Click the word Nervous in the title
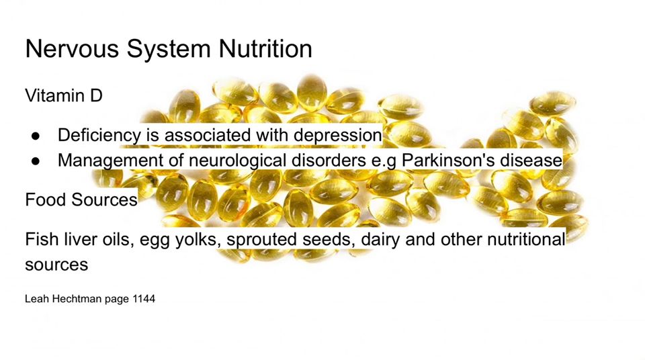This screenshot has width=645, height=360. [73, 48]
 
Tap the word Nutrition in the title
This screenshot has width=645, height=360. [265, 48]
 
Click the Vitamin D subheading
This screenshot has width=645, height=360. [64, 95]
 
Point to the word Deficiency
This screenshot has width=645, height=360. [99, 136]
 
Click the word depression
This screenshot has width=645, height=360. [338, 136]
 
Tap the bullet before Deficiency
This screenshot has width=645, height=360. [36, 136]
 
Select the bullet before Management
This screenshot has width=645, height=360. [36, 161]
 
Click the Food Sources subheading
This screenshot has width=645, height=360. [81, 200]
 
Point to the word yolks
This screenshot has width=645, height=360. [196, 240]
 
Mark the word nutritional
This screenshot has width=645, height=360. [526, 240]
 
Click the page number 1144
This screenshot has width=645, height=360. [144, 299]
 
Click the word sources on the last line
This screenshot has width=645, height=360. [56, 265]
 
